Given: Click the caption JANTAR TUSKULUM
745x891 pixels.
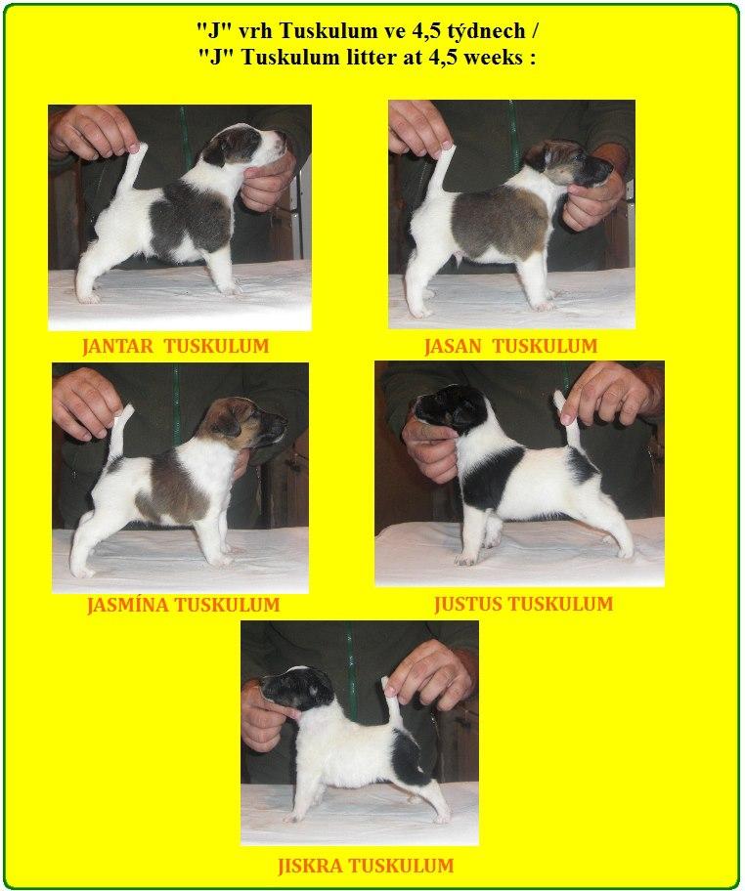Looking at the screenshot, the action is tap(175, 346).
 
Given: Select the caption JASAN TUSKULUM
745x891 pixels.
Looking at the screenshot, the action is tap(510, 346).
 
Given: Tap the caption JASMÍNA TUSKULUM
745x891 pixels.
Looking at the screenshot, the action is tap(183, 605).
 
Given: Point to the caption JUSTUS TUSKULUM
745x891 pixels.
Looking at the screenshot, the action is tap(524, 604).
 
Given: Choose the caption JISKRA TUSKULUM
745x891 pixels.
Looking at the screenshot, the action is tap(366, 866).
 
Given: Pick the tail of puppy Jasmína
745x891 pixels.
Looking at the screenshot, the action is tap(120, 434).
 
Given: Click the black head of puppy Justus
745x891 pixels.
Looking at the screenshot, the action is tap(450, 409).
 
